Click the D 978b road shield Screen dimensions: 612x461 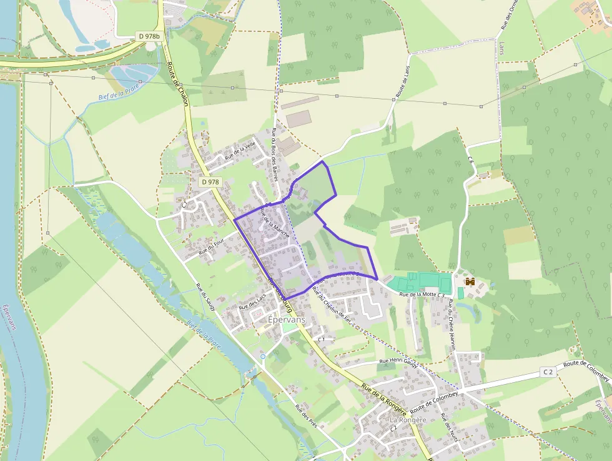coord(149,37)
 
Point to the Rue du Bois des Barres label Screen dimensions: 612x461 coord(274,154)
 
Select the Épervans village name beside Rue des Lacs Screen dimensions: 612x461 coord(286,318)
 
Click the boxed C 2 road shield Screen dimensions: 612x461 coord(548,372)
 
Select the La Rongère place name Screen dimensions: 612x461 coord(408,420)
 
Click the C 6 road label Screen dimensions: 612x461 coord(470,160)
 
